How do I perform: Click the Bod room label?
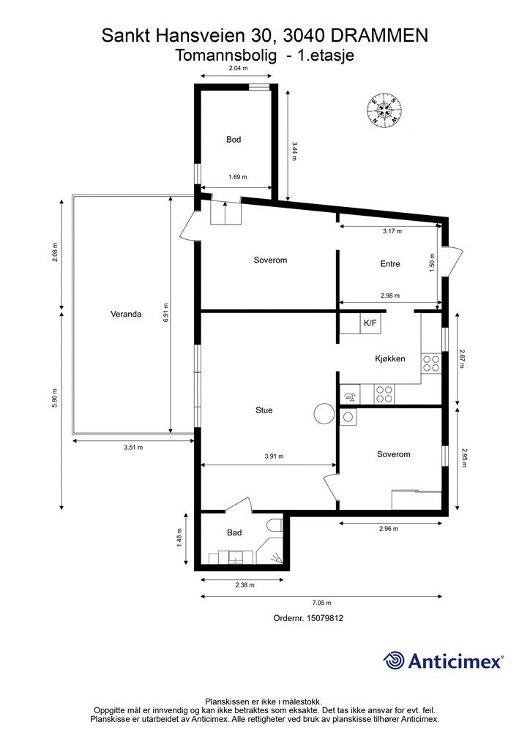point(234,140)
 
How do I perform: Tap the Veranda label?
point(126,315)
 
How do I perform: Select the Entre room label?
point(390,263)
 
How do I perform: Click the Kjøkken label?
point(390,358)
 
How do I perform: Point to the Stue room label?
point(264,410)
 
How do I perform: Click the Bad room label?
point(234,532)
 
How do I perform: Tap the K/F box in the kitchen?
point(370,323)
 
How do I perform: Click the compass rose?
point(384,110)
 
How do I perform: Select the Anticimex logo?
point(443,660)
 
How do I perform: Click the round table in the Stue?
point(324,413)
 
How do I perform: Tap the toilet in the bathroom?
point(275,525)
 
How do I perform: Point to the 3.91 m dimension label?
point(274,456)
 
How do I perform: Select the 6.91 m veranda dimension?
point(166,313)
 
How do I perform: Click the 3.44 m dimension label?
point(294,151)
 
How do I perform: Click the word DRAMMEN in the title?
point(379,35)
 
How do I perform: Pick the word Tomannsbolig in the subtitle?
point(225,56)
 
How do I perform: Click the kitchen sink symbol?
point(349,396)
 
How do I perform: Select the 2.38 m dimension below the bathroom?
point(245,585)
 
